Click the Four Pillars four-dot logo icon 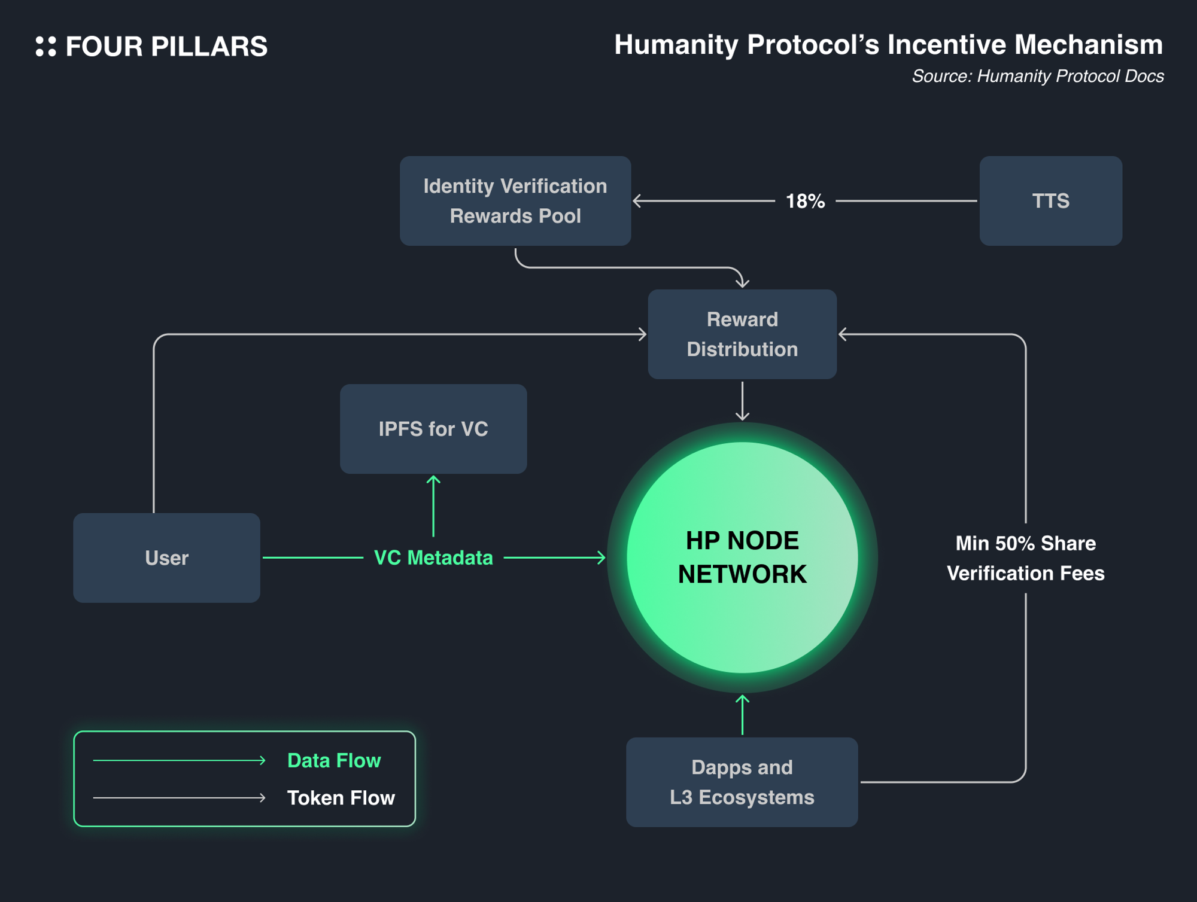[x=46, y=47]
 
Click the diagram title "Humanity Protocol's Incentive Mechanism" [x=888, y=45]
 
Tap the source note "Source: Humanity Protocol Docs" [x=1037, y=77]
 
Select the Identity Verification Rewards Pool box [x=515, y=201]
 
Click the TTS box [x=1050, y=201]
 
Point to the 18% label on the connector [x=805, y=202]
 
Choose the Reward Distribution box [x=742, y=334]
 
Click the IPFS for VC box [x=433, y=429]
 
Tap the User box [x=166, y=558]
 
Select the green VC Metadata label [x=433, y=558]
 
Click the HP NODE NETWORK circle [x=742, y=557]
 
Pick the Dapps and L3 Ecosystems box [x=742, y=782]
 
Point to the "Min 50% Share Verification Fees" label [x=1025, y=558]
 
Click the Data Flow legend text [x=334, y=760]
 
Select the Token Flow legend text [x=341, y=798]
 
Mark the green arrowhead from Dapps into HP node [x=742, y=698]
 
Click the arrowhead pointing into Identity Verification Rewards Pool [x=637, y=201]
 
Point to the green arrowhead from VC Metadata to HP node [x=602, y=558]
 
